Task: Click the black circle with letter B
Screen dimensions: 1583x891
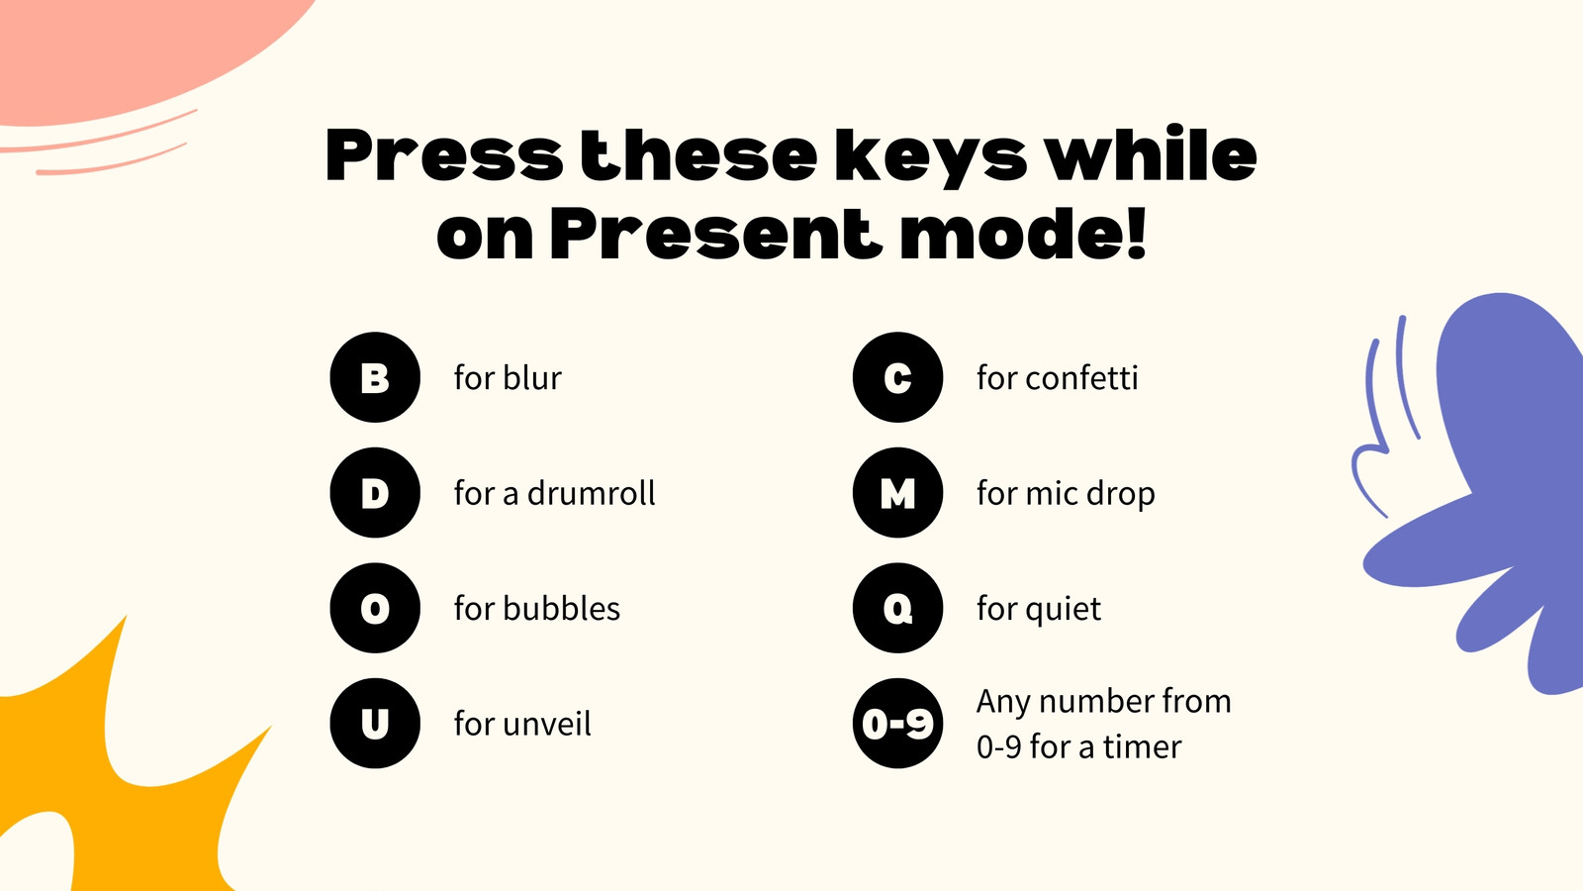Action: pyautogui.click(x=375, y=377)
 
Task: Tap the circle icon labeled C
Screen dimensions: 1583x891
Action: pyautogui.click(x=897, y=377)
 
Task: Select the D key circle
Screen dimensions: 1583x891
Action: pyautogui.click(x=375, y=493)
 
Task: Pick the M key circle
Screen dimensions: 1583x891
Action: pyautogui.click(x=897, y=493)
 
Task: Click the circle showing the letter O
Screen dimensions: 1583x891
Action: pyautogui.click(x=375, y=608)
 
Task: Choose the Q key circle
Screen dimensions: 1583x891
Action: pyautogui.click(x=897, y=608)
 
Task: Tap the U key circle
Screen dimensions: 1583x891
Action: pyautogui.click(x=375, y=724)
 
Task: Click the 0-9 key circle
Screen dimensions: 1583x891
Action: pyautogui.click(x=897, y=724)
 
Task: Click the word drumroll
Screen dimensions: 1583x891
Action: pyautogui.click(x=591, y=493)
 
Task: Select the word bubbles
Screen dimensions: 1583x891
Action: pyautogui.click(x=561, y=608)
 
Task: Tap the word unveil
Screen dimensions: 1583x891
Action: pyautogui.click(x=547, y=724)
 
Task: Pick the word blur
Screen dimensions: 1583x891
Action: pyautogui.click(x=532, y=377)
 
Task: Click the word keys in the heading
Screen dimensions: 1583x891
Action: pyautogui.click(x=930, y=158)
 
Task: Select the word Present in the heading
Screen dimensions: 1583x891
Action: pyautogui.click(x=716, y=235)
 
